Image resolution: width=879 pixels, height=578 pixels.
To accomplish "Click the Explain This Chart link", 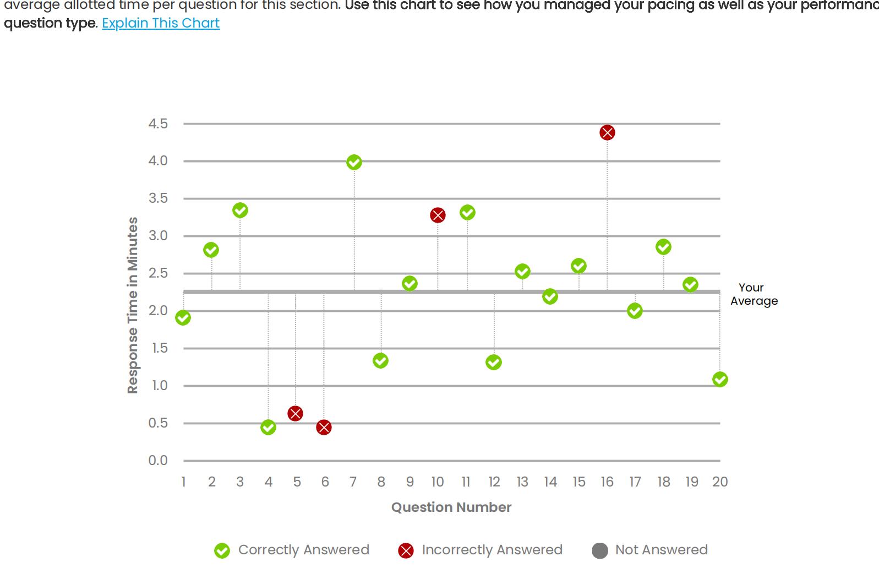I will coord(161,23).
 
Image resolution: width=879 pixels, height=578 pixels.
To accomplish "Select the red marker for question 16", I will coord(607,133).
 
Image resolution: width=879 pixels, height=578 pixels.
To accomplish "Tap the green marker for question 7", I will coord(354,163).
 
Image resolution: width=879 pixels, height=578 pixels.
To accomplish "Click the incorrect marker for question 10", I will coord(438,215).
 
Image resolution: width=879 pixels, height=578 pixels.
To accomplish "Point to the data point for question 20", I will coord(720,380).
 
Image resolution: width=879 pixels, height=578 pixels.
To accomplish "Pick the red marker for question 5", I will coord(295,414).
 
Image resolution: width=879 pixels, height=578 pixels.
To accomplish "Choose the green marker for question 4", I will coord(268,428).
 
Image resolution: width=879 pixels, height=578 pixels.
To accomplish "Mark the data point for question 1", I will coord(183,318).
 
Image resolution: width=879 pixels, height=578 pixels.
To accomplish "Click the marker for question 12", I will coord(494,363).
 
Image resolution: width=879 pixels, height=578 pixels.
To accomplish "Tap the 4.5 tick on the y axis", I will coord(158,124).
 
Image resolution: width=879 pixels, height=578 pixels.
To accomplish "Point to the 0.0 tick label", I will coord(158,461).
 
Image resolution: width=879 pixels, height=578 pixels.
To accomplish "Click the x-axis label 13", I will coord(522,482).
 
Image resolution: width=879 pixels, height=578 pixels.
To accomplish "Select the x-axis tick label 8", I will coord(381,482).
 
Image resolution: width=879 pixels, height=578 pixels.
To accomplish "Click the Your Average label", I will coord(754,294).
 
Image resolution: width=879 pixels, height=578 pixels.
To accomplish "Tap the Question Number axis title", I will coord(451,507).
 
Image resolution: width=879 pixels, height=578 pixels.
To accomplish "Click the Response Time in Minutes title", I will coord(133,305).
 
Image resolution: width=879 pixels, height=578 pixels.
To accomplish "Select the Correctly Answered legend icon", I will coord(222,550).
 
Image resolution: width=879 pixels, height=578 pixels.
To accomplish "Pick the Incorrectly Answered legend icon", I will coord(406,550).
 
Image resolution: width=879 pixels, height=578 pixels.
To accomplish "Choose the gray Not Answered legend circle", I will coord(600,550).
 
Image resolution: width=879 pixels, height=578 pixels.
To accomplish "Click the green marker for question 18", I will coord(663,247).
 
